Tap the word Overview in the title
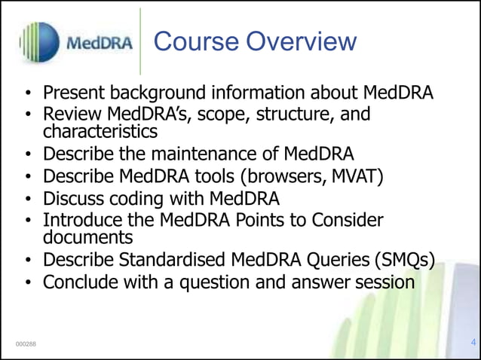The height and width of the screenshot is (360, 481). click(x=300, y=41)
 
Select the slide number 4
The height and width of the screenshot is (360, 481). click(x=473, y=343)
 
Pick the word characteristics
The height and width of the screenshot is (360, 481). click(x=100, y=132)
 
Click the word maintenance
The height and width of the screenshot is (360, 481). click(x=209, y=154)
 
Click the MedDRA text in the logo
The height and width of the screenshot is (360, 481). click(x=100, y=42)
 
